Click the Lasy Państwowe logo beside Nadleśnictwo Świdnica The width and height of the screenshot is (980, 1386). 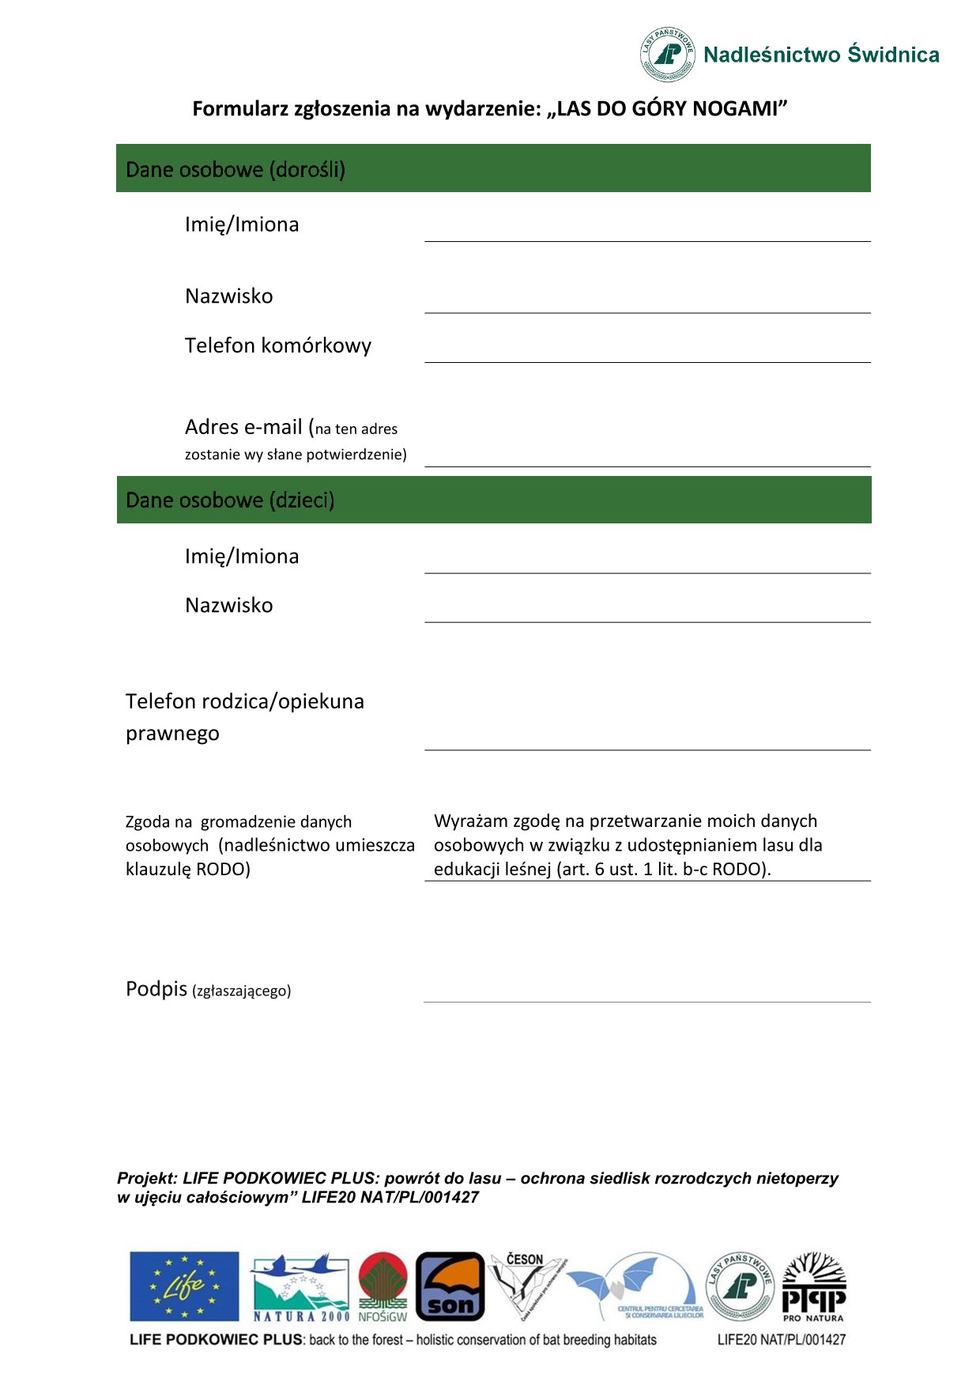coord(668,54)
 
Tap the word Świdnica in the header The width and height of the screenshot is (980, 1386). coord(893,55)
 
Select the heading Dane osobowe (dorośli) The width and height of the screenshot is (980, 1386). coord(236,169)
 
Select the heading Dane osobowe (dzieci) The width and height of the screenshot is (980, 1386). coord(230,500)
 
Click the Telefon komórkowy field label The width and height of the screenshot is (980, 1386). coord(277,346)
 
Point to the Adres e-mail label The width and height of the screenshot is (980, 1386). coord(243,427)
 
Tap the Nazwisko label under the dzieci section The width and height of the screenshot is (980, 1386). coord(228,606)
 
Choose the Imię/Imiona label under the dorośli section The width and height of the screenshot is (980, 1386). coord(242,225)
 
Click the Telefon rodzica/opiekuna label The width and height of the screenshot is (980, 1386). coord(244,701)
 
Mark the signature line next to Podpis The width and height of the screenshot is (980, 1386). coord(646,993)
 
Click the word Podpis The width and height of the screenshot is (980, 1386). coord(156,989)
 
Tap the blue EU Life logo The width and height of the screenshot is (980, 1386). coord(184,1286)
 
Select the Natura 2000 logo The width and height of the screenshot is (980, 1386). coord(300,1286)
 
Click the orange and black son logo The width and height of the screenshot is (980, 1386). coord(450,1286)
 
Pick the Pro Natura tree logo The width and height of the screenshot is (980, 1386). coord(813,1286)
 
